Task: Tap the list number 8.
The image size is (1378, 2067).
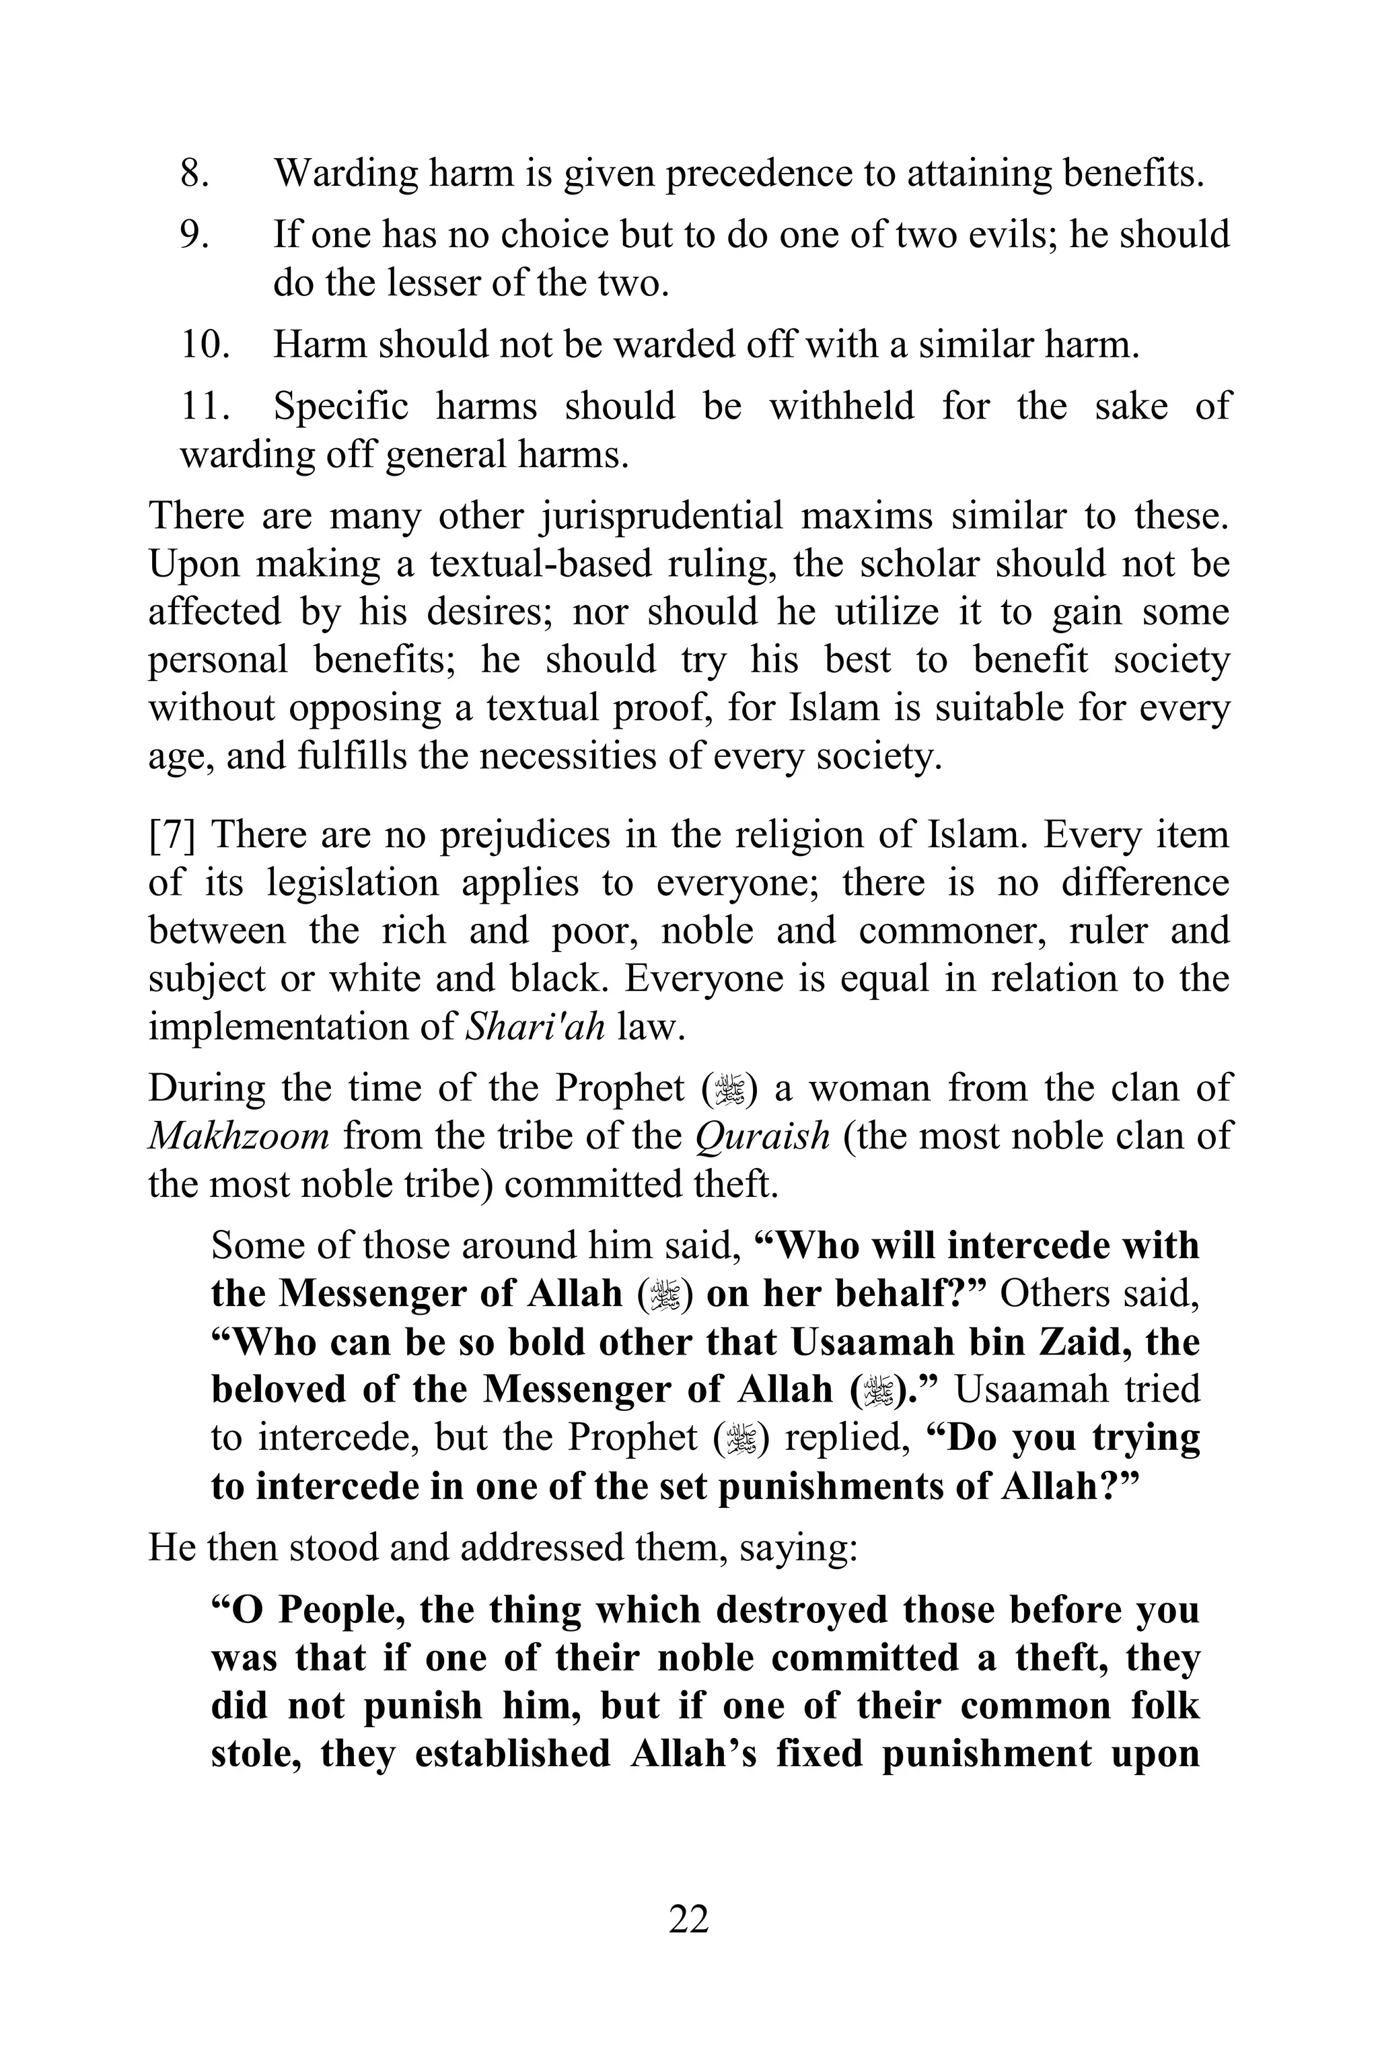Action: click(194, 172)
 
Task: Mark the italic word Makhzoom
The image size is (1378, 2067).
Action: click(238, 1136)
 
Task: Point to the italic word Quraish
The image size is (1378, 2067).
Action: click(762, 1136)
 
